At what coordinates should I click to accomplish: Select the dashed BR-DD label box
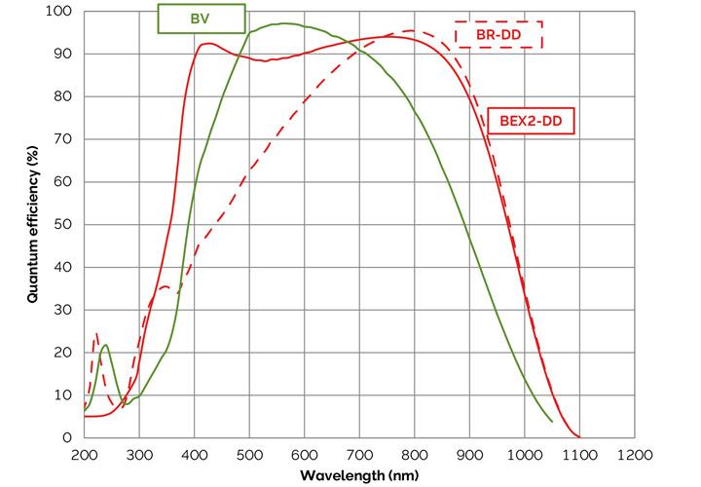498,34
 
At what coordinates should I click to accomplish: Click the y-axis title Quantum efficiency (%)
33,224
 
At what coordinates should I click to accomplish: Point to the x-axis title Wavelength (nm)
359,476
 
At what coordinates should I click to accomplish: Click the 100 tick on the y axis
61,12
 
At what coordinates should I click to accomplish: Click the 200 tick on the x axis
85,454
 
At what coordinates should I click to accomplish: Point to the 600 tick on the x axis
305,454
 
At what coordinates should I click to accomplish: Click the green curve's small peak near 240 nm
105,345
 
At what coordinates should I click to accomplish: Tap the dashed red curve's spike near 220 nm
95,334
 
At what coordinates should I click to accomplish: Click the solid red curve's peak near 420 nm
206,43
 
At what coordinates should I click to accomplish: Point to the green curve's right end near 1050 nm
551,422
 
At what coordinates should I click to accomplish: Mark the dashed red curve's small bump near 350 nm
165,287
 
